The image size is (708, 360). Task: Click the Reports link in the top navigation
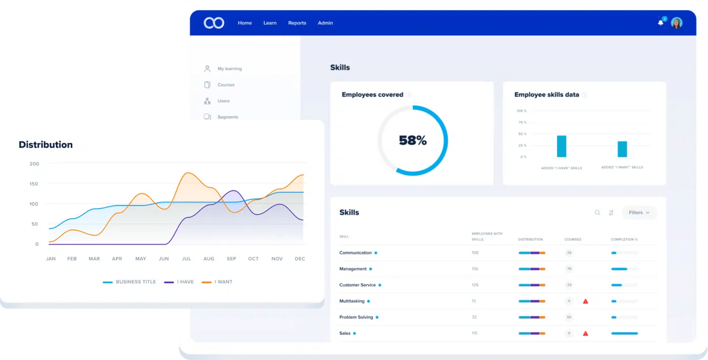[x=297, y=23]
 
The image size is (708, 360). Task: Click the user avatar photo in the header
[x=676, y=23]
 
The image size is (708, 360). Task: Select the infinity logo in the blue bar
[x=214, y=23]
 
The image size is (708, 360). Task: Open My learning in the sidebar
[x=229, y=69]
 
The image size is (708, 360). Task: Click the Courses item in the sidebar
[x=226, y=85]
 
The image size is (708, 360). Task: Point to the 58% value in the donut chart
[x=413, y=141]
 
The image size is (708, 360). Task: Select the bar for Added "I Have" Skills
[x=562, y=146]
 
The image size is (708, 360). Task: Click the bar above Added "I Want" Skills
[x=622, y=149]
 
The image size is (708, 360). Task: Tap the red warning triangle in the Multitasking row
[x=585, y=301]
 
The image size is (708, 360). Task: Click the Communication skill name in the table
[x=355, y=253]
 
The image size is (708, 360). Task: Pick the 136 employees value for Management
[x=475, y=269]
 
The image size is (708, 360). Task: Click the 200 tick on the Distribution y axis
[x=34, y=164]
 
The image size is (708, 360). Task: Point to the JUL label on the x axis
[x=186, y=259]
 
